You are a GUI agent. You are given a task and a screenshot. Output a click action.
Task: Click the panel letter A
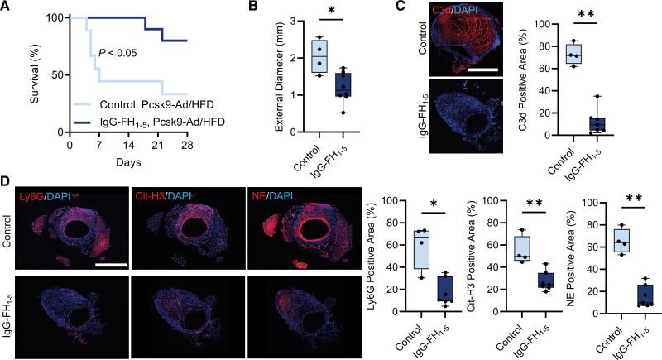click(7, 7)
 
